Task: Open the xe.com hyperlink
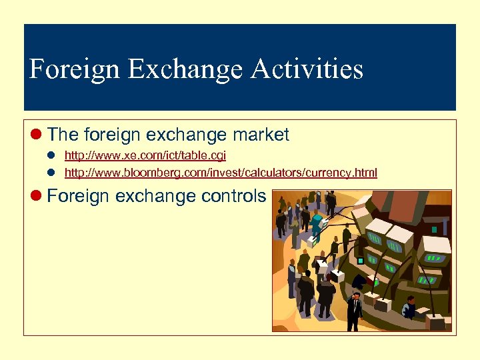click(145, 155)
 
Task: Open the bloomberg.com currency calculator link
click(220, 173)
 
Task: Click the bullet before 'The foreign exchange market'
click(37, 135)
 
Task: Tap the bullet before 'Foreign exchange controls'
click(37, 196)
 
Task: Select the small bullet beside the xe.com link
click(50, 155)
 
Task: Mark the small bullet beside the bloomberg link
click(50, 173)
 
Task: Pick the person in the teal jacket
click(316, 223)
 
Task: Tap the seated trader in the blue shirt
click(410, 309)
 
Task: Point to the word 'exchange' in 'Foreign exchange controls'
click(157, 196)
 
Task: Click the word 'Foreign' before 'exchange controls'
click(79, 196)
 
